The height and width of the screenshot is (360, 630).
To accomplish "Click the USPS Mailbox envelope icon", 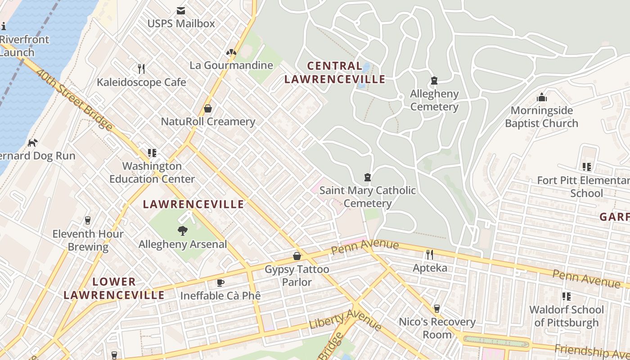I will click(x=181, y=11).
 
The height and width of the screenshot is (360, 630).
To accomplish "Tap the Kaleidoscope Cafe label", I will click(x=141, y=82).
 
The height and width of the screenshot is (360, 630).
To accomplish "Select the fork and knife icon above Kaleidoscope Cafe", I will click(x=141, y=68).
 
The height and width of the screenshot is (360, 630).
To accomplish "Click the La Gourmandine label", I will click(x=231, y=65).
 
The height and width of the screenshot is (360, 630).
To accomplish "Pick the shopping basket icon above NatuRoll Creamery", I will click(x=208, y=108).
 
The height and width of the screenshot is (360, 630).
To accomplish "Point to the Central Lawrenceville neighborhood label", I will click(x=335, y=72).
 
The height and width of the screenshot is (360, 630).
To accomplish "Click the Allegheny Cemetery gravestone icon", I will click(x=434, y=81).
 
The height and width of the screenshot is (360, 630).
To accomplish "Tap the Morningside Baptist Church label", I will click(x=541, y=117).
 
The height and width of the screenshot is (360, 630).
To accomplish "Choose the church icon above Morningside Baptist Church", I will click(x=541, y=97).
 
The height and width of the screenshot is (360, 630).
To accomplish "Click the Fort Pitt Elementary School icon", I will click(x=586, y=167).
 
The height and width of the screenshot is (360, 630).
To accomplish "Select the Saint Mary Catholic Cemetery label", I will click(x=368, y=197).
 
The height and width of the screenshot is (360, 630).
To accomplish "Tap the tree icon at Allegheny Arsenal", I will click(x=183, y=231).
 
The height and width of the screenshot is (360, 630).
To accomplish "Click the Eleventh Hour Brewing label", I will click(x=88, y=240).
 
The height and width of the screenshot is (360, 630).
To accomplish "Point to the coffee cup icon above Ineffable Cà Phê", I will click(x=220, y=283).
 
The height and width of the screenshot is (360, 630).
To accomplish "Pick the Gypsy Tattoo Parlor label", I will click(x=297, y=275).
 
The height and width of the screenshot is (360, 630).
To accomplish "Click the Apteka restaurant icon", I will click(x=430, y=255).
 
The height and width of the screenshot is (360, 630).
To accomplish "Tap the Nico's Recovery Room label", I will click(x=437, y=328).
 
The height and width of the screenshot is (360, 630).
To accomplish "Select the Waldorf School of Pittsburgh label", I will click(x=566, y=316).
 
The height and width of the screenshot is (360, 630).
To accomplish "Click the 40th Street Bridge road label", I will click(x=75, y=100).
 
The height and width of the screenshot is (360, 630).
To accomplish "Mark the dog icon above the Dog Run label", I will click(x=32, y=143).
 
